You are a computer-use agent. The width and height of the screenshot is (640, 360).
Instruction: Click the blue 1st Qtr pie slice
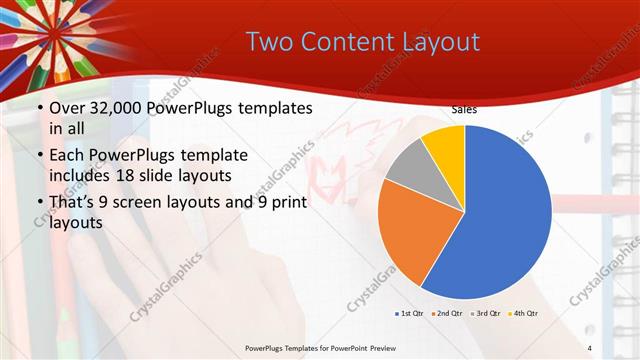[500, 220]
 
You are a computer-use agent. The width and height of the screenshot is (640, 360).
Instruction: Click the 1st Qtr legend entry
[410, 313]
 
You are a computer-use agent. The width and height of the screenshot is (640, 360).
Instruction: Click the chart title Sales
[463, 109]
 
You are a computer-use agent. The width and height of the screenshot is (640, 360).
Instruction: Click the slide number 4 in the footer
[590, 348]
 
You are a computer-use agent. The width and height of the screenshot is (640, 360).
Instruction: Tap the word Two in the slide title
[266, 41]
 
